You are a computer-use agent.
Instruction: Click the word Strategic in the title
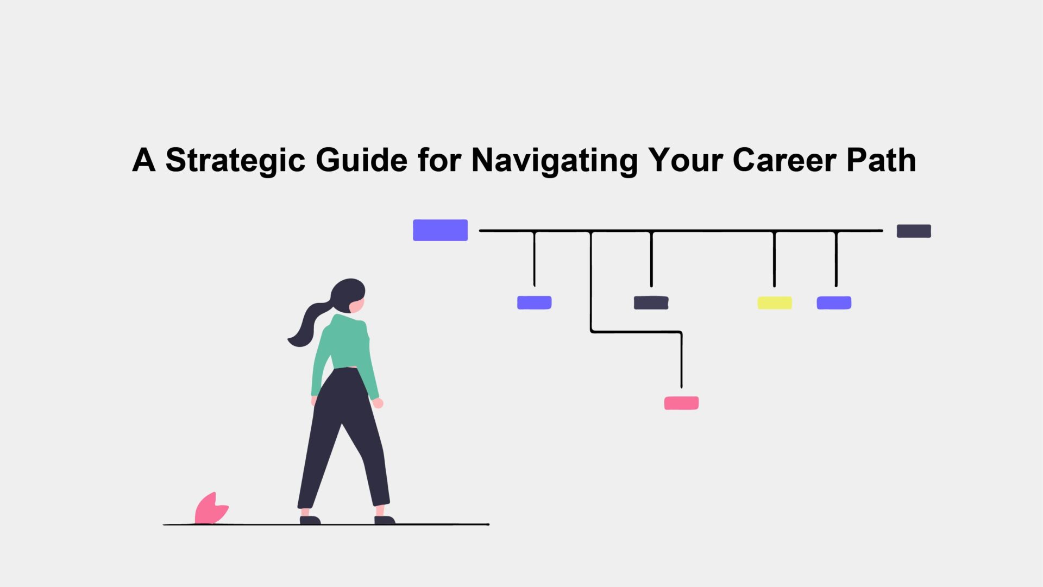235,161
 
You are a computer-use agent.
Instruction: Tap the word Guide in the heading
361,160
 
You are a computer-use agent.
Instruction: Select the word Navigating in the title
555,161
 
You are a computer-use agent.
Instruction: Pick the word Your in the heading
685,161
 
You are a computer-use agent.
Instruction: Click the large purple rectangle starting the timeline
440,230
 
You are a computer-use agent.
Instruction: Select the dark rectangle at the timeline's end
914,231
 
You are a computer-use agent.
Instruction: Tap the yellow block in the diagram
775,303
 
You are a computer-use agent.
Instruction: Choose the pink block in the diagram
681,403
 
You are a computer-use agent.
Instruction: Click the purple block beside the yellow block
834,303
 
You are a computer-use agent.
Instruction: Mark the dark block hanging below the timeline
651,303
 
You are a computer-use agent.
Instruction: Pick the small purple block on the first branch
534,303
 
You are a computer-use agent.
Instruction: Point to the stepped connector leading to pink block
636,332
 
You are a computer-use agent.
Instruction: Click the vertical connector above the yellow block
774,259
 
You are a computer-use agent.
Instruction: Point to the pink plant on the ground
211,509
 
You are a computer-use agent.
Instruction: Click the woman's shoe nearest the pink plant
310,520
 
